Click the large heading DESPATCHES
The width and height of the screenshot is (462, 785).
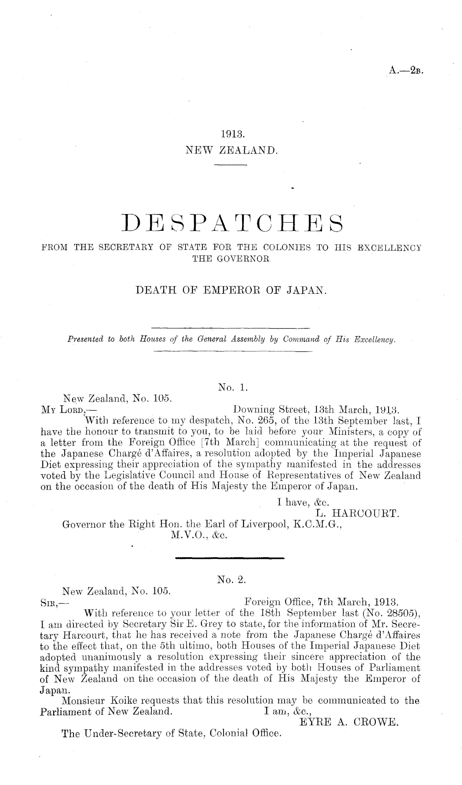[x=231, y=227]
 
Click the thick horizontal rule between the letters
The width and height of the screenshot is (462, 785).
[x=230, y=557]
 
